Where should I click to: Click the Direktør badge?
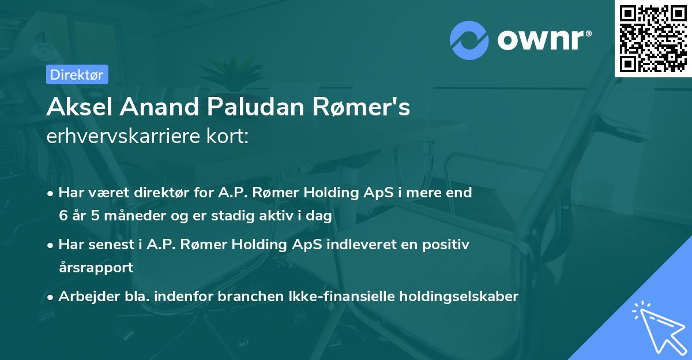77,74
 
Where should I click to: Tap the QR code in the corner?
653,38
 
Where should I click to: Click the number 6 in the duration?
62,216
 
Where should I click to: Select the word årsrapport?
96,268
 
